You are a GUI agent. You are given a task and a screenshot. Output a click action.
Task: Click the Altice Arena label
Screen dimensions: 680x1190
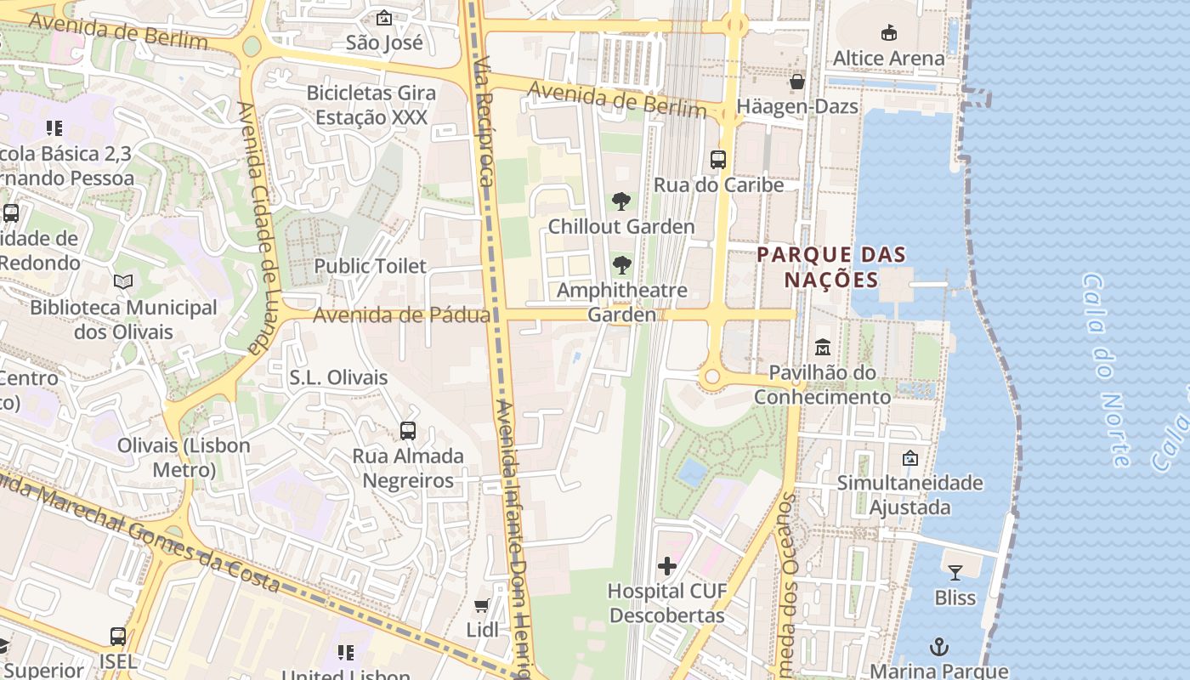click(888, 59)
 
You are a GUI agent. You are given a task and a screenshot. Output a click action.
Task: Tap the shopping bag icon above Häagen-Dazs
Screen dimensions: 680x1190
click(797, 82)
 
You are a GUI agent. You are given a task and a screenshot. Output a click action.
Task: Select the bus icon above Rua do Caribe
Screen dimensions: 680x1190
click(718, 159)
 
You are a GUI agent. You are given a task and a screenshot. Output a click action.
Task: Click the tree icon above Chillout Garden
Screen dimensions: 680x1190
click(621, 201)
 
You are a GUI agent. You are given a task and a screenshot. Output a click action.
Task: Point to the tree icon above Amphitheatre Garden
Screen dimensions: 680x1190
click(621, 264)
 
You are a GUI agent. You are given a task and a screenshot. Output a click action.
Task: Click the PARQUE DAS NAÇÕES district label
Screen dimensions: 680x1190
click(831, 267)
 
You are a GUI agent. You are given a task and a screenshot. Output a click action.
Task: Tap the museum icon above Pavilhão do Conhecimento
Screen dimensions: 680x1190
click(822, 347)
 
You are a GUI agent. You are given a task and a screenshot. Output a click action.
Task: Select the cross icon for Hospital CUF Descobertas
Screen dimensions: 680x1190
click(667, 565)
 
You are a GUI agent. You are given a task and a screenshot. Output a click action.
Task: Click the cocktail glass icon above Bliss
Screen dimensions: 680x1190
click(955, 572)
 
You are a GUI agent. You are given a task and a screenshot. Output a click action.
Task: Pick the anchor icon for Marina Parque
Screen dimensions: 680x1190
click(938, 647)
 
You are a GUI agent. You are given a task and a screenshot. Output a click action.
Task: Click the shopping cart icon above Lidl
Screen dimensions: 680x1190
click(482, 605)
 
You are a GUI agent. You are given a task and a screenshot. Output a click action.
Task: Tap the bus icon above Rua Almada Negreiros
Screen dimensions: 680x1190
click(408, 431)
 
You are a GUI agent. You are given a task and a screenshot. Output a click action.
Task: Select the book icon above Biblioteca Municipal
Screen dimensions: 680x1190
click(123, 281)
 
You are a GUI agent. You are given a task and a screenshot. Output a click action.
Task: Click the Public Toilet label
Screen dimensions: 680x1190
click(370, 266)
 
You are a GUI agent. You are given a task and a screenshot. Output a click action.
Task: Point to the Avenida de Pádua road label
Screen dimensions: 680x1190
click(402, 315)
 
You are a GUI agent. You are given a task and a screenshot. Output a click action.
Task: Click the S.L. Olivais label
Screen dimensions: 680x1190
click(338, 377)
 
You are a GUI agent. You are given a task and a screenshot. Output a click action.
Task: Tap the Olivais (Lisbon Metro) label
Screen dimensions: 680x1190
click(184, 457)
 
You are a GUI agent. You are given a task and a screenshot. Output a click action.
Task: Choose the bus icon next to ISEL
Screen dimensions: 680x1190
click(118, 636)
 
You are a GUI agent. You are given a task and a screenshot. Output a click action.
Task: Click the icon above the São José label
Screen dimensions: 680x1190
click(384, 17)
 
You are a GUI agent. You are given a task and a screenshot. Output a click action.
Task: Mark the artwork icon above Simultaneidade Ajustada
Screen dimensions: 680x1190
click(909, 458)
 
